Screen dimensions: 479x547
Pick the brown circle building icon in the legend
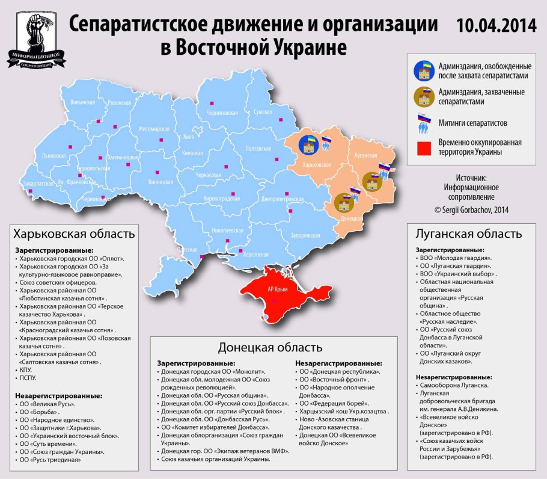click(x=426, y=96)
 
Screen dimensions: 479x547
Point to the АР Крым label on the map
click(x=277, y=289)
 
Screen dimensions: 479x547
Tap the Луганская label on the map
click(x=367, y=155)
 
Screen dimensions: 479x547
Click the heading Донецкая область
click(x=270, y=348)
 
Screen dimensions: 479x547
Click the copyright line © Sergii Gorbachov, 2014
click(x=471, y=210)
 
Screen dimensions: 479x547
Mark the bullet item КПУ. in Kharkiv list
click(x=26, y=370)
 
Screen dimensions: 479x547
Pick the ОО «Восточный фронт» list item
click(x=334, y=380)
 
